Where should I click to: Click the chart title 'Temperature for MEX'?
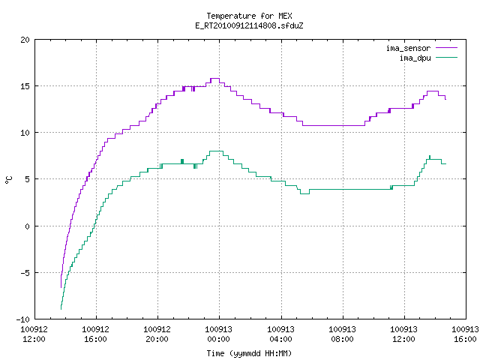click(249, 16)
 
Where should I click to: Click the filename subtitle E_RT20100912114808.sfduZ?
click(249, 25)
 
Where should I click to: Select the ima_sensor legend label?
click(408, 48)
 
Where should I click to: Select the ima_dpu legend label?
click(415, 58)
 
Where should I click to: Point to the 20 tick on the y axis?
click(25, 40)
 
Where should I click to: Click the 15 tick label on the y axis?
click(25, 86)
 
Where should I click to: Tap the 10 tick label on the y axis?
click(25, 133)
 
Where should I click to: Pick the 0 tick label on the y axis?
click(27, 226)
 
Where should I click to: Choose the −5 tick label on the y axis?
click(23, 273)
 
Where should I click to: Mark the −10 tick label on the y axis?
click(23, 319)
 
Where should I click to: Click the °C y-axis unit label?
click(8, 180)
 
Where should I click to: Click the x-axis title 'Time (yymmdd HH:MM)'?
click(249, 353)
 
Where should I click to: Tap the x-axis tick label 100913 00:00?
click(219, 334)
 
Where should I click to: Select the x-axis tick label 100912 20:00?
click(157, 334)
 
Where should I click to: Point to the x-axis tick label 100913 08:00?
click(342, 334)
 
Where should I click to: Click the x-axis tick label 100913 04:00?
click(280, 334)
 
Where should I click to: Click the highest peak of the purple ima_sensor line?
click(215, 79)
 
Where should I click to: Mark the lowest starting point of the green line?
click(61, 309)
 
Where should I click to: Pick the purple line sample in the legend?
click(446, 48)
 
